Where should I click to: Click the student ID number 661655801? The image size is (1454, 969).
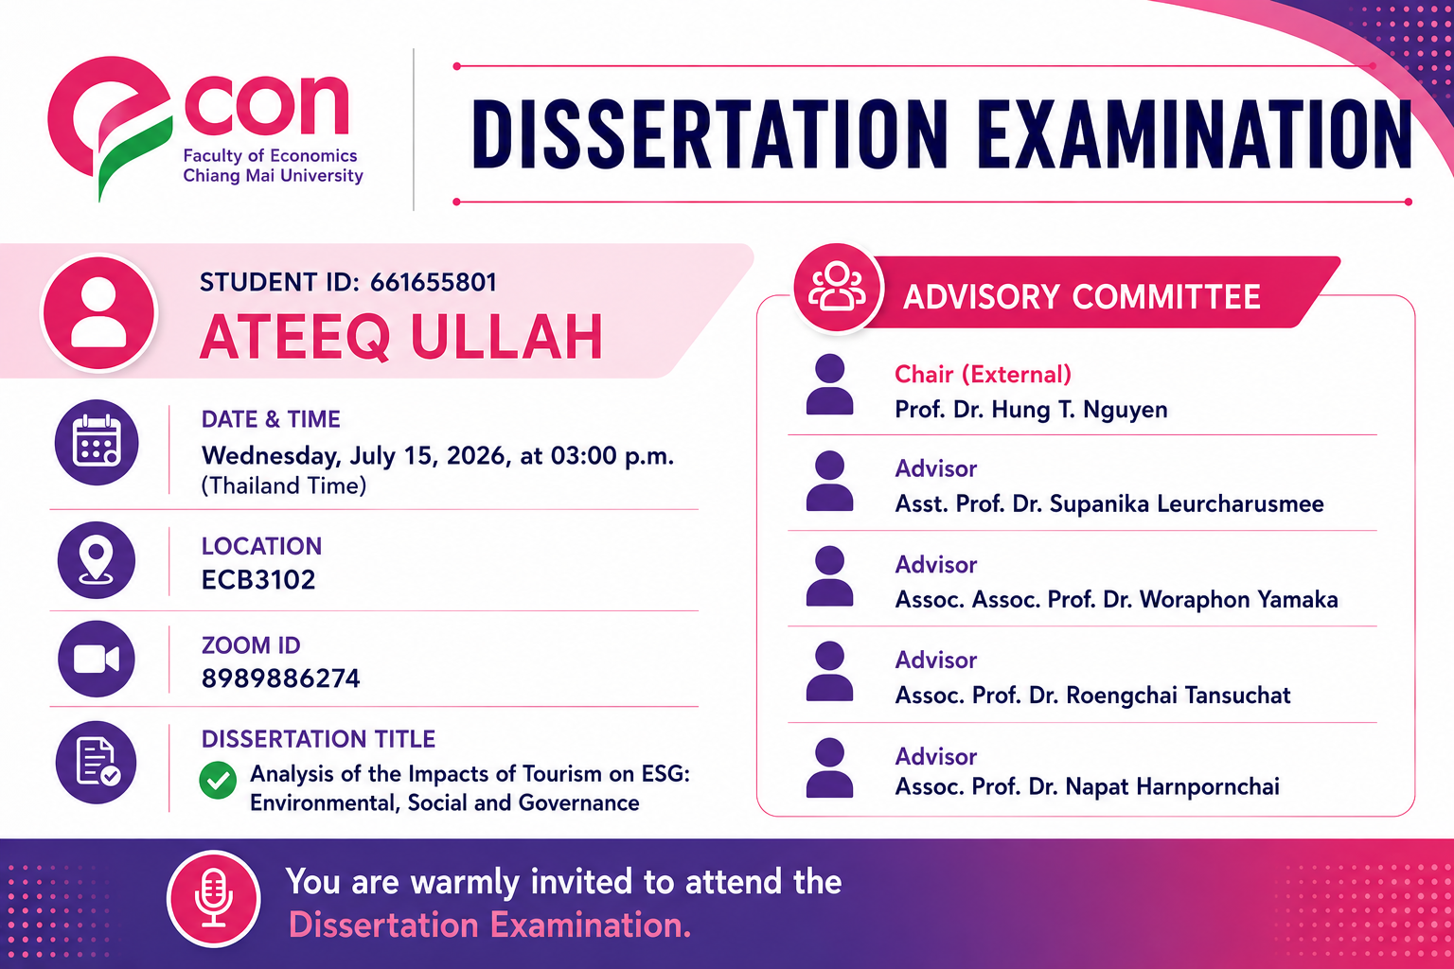433,282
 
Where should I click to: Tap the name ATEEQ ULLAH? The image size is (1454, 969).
401,336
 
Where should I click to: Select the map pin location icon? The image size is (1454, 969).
97,560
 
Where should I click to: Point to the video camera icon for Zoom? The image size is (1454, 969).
97,660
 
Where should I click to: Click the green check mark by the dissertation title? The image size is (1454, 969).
218,780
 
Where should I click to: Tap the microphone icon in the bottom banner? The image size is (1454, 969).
214,899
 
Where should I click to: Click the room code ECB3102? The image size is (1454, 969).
258,579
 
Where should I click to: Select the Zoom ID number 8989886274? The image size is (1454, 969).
280,678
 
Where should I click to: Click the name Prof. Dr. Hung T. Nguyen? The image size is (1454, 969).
1031,410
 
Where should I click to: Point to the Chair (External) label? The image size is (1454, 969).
983,375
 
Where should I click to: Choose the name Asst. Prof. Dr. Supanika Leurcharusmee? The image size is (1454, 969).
1109,503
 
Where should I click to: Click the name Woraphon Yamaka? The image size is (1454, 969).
1238,600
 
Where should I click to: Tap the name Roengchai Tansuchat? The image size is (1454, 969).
1179,696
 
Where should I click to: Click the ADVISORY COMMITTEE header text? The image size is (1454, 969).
1081,296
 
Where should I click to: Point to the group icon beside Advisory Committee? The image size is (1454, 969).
838,288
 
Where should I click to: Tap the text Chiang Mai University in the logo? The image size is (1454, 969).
273,176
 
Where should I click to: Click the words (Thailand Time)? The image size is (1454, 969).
284,485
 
